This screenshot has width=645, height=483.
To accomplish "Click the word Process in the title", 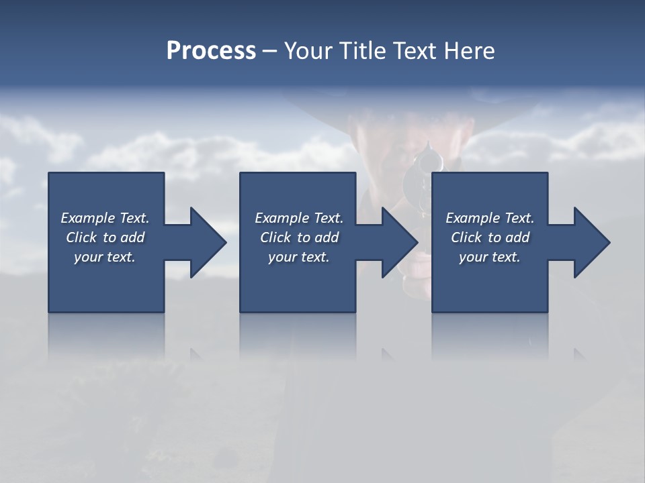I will [x=211, y=51].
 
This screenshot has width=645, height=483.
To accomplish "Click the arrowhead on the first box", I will [x=206, y=242].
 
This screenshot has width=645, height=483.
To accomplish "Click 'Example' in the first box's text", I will [x=87, y=218].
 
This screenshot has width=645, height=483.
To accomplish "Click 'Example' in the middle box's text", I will [x=282, y=218].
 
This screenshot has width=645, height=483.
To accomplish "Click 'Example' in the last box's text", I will [x=472, y=218].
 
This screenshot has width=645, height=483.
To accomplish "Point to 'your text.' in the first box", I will [x=105, y=257].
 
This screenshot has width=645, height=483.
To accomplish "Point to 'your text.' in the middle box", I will [x=299, y=257].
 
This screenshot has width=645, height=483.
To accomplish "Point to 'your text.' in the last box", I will [x=490, y=257].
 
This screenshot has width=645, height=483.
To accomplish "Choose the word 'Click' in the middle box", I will [x=275, y=237].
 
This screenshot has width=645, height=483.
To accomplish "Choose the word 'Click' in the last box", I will [x=466, y=237].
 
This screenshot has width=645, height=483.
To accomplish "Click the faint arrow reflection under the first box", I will [x=196, y=354].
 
